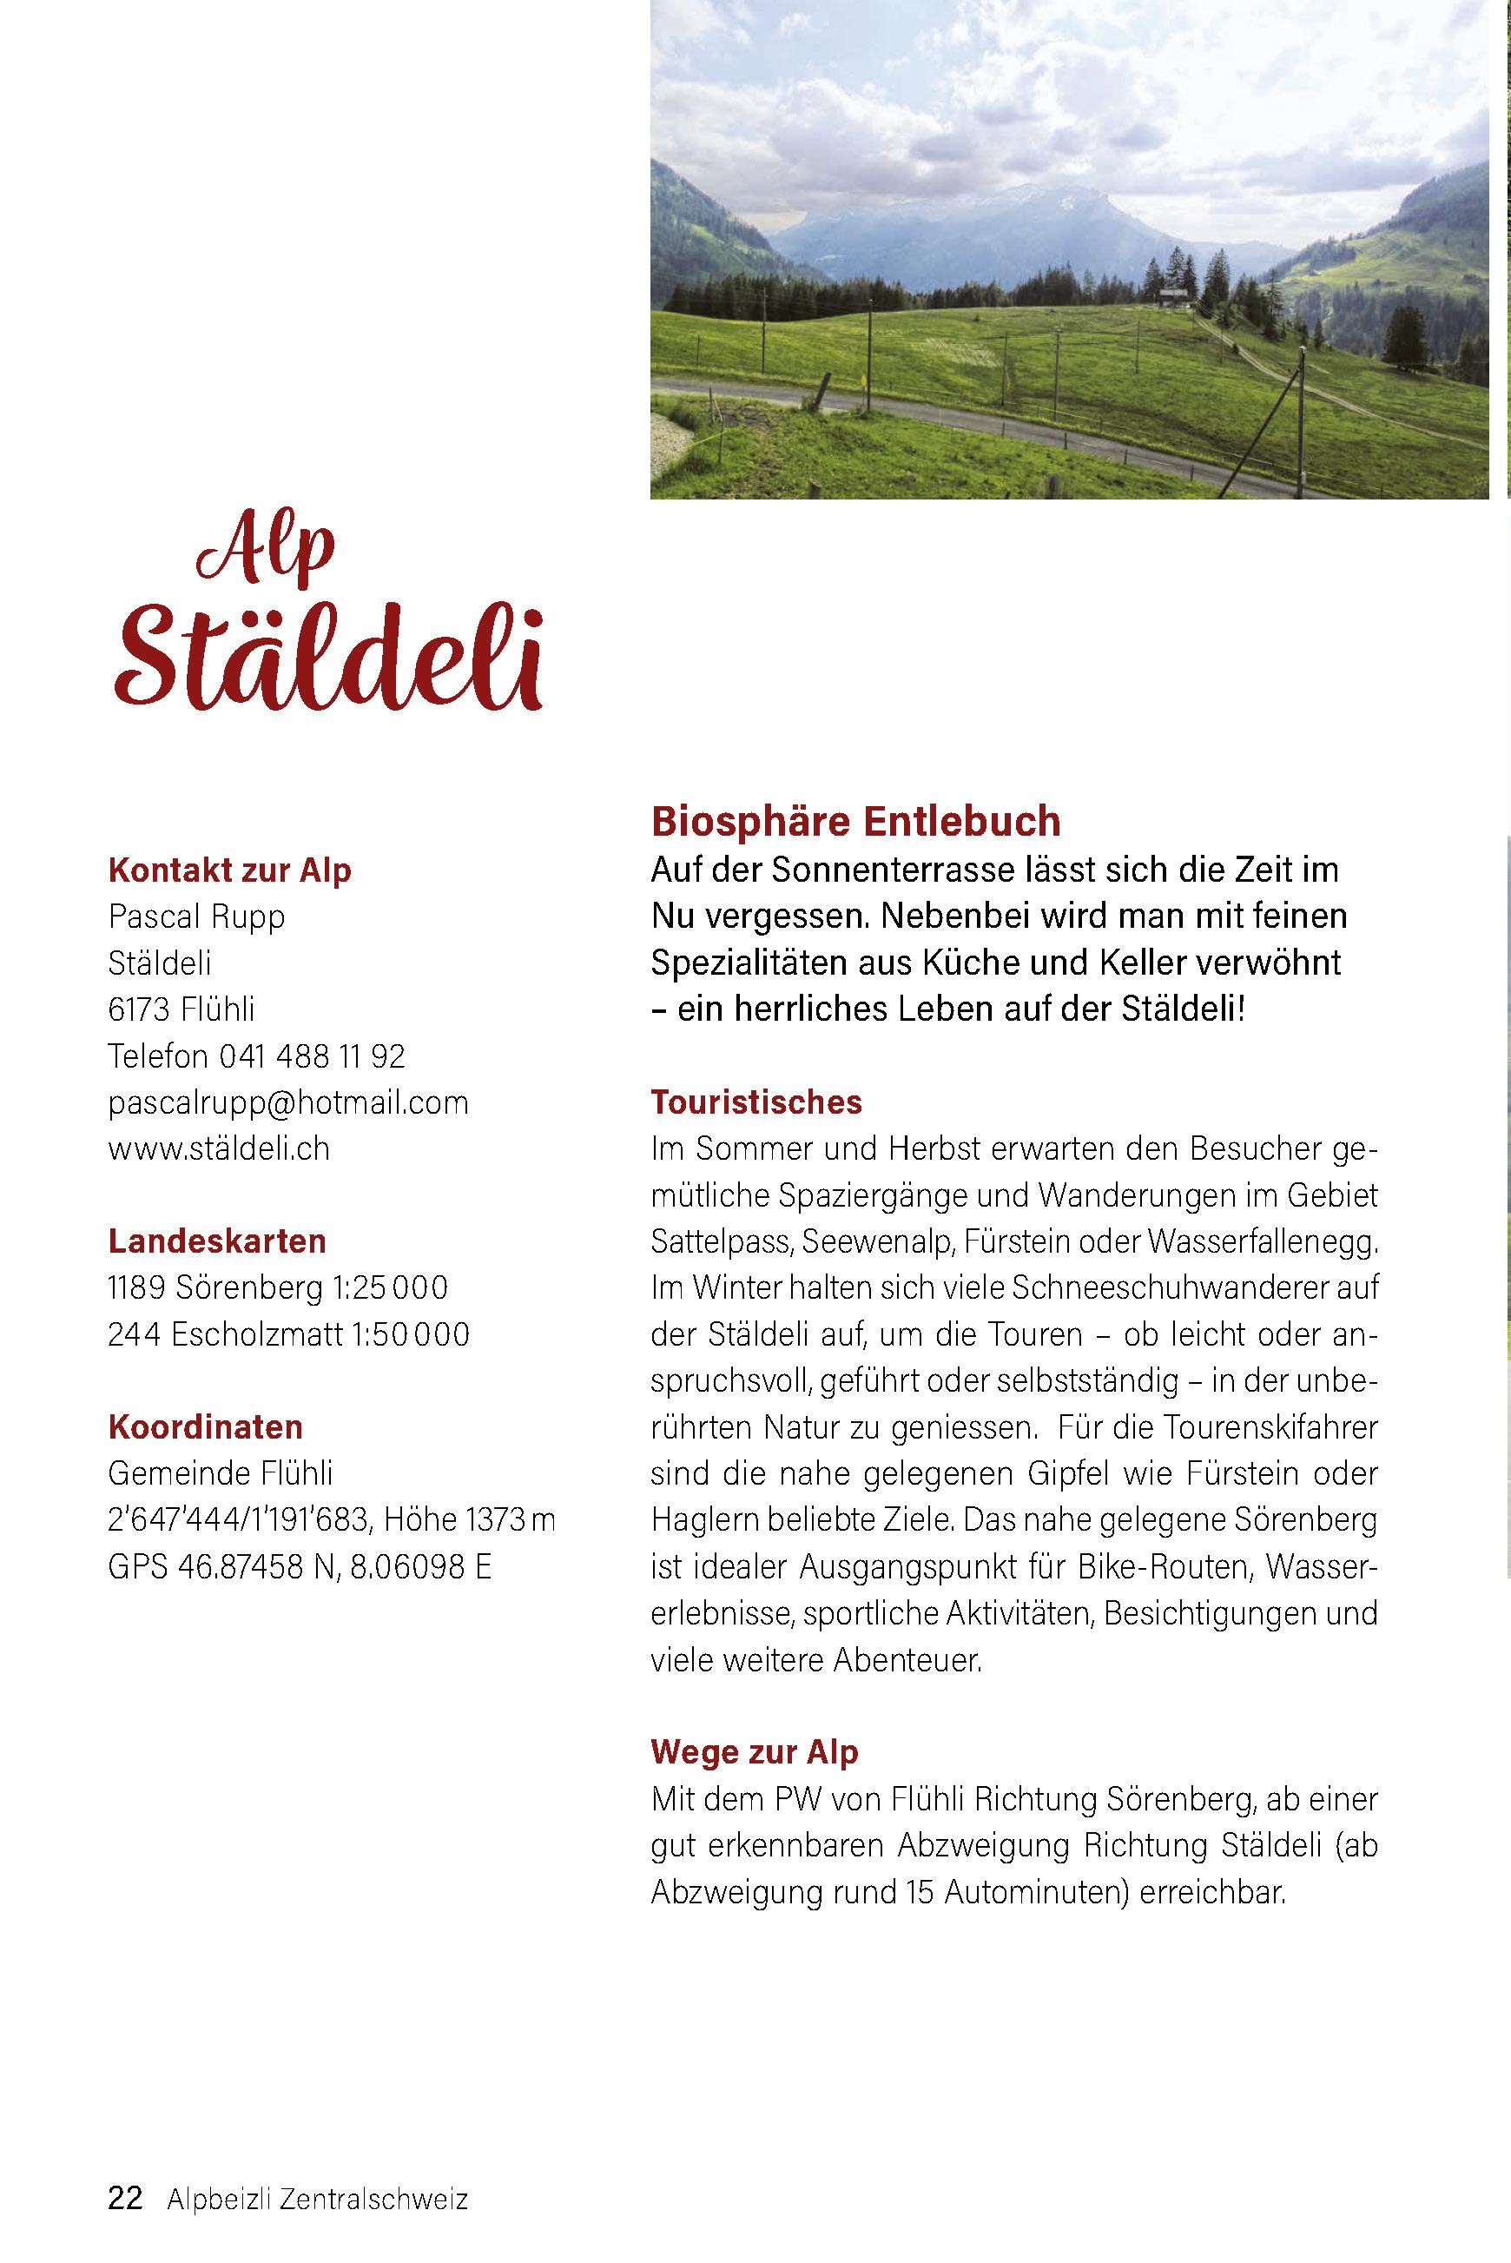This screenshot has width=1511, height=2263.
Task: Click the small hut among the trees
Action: point(1171,297)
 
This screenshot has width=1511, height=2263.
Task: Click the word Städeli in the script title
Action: point(327,659)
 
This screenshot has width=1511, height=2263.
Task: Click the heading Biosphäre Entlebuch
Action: point(855,822)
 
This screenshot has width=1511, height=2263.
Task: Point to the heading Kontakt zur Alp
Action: point(229,870)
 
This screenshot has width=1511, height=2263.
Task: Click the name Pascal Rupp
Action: point(196,916)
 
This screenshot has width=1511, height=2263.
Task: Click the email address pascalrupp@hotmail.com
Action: point(288,1102)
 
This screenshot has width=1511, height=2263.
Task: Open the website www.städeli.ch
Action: point(219,1148)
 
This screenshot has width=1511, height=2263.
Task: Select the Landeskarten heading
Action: point(217,1241)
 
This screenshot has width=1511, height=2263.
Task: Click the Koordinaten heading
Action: point(205,1427)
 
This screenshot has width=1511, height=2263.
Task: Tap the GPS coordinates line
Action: point(300,1567)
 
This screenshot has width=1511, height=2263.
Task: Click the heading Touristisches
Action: point(756,1102)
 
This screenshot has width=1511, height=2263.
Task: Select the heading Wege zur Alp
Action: point(755,1752)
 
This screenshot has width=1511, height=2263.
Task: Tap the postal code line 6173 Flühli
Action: point(181,1009)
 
